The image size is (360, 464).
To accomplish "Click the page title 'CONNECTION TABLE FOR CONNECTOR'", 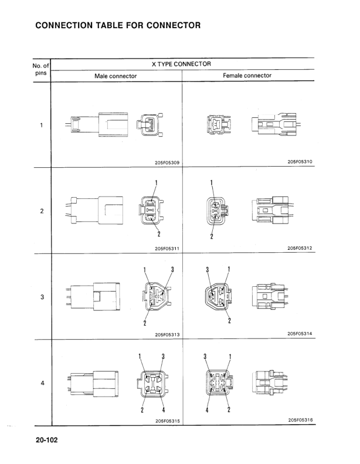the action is click(x=118, y=25).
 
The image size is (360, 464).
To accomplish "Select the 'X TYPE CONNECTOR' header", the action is click(x=181, y=64).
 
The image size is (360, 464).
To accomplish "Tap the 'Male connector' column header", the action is click(x=116, y=76).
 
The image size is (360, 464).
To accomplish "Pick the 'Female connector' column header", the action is click(x=247, y=76).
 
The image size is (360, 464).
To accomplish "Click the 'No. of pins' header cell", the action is click(x=41, y=69).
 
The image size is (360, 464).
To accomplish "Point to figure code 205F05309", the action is click(x=167, y=162).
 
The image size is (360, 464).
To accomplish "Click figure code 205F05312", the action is click(x=300, y=248).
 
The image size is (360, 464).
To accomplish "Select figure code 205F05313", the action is click(x=168, y=335).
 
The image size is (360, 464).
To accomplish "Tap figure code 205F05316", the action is click(x=301, y=419).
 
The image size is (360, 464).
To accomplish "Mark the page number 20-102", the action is click(x=47, y=440).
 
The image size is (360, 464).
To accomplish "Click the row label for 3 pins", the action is click(x=42, y=297).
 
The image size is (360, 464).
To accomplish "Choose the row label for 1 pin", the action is click(x=42, y=125).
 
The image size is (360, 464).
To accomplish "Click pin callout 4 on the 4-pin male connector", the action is click(x=163, y=410).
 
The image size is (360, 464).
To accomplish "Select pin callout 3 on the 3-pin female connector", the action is click(x=208, y=270).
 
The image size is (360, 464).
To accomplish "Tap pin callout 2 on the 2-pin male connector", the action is click(x=159, y=234).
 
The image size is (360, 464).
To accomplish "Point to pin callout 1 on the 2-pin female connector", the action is click(x=212, y=182).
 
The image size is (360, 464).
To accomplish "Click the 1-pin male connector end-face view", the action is click(x=150, y=125).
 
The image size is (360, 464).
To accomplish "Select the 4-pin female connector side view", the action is click(x=270, y=382).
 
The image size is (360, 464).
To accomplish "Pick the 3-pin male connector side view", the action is click(x=93, y=296).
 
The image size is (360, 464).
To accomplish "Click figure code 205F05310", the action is click(x=300, y=161).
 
